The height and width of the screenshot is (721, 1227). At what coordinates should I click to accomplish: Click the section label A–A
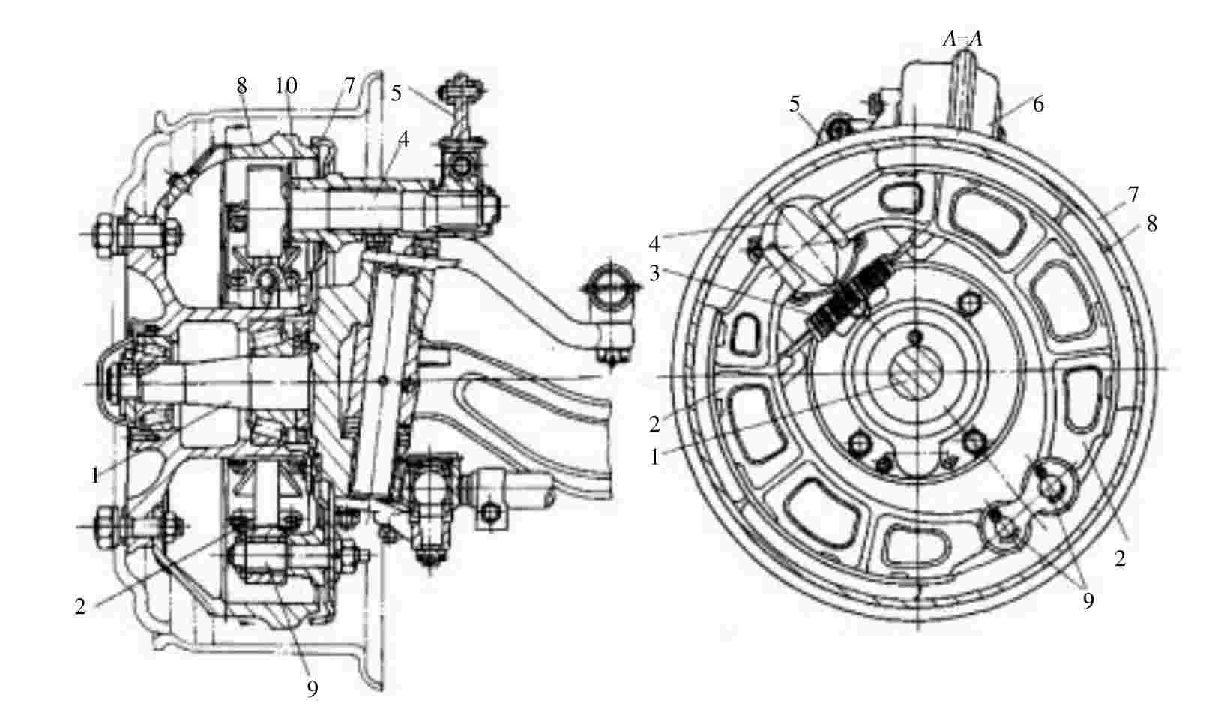(962, 39)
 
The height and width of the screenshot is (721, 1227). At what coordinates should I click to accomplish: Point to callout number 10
(286, 85)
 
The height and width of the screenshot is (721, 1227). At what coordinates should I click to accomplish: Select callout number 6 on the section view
(1038, 104)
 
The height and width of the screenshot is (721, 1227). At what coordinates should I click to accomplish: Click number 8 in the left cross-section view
(241, 85)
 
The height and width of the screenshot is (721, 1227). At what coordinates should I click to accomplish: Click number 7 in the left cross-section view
(349, 85)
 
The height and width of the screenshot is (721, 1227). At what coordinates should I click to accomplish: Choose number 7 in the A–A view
(1133, 195)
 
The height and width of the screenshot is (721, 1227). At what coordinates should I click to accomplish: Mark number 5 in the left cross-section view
(396, 94)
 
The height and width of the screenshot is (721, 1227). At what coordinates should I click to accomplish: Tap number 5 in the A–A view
(795, 104)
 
